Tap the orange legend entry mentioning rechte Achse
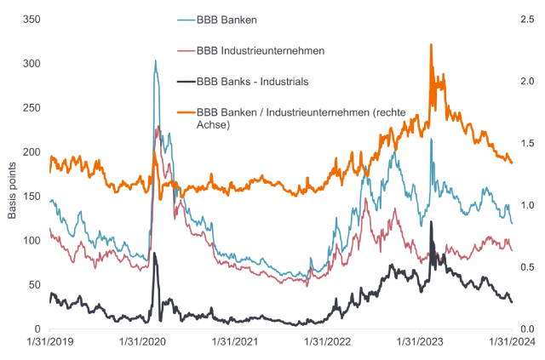[x=298, y=118]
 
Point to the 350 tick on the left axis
[x=32, y=19]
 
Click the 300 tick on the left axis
[x=32, y=64]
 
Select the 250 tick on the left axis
[x=32, y=108]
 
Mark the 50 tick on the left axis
[x=34, y=285]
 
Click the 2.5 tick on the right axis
[x=527, y=19]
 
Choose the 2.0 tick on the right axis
[x=527, y=81]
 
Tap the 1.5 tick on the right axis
[x=527, y=143]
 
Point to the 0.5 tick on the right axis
[x=527, y=267]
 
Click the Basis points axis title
[x=13, y=177]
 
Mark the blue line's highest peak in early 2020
[x=155, y=60]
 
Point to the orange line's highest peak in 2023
[x=431, y=44]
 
